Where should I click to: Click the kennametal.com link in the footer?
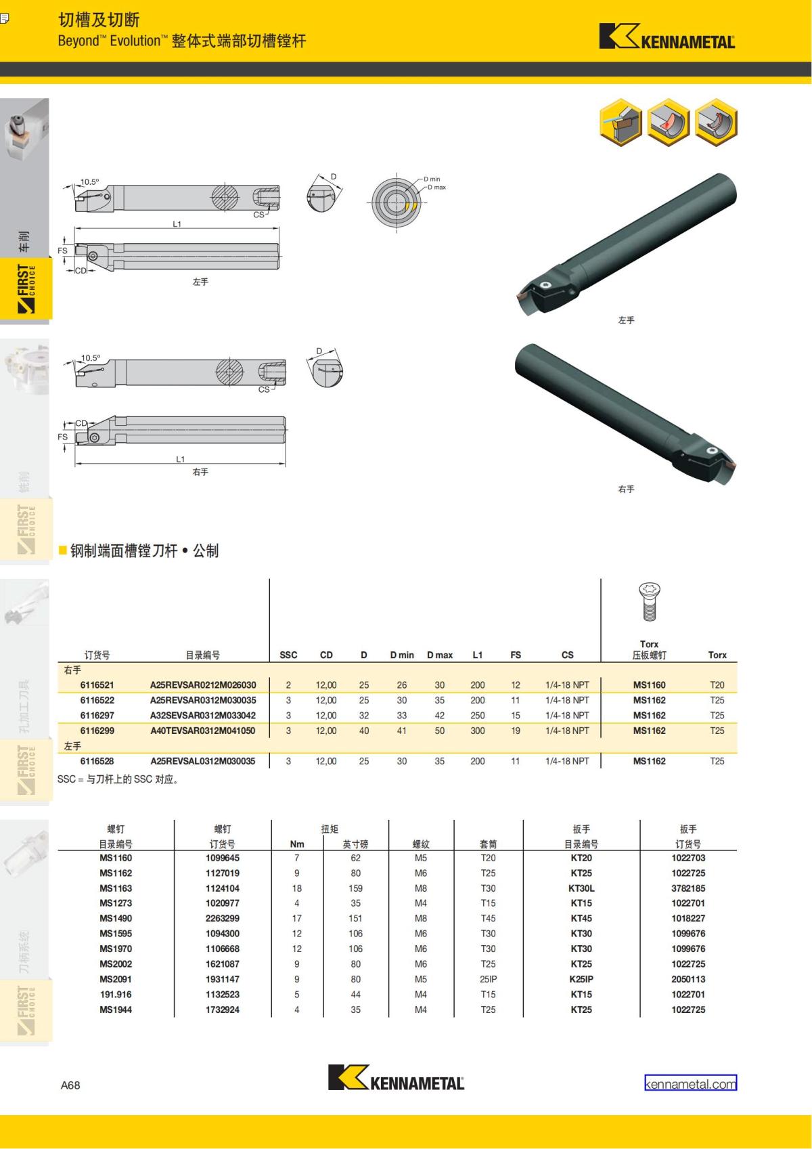[690, 1084]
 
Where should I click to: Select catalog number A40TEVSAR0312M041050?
[202, 731]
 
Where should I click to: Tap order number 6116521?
[97, 685]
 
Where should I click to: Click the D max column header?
[440, 655]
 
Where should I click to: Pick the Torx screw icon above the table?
[649, 601]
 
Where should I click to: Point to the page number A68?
[70, 1085]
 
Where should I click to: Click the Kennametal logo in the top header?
[667, 37]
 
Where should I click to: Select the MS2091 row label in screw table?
[116, 979]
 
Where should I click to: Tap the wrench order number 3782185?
[688, 888]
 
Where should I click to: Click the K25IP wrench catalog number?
[581, 979]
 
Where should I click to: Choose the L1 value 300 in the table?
[478, 731]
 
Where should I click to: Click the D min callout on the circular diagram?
[432, 179]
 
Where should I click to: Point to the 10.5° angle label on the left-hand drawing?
[89, 181]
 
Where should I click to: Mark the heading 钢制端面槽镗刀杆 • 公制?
[144, 550]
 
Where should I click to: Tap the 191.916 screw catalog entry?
[116, 995]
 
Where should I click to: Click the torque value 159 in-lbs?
[355, 888]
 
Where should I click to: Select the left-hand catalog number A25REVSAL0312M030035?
[202, 761]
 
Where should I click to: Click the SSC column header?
[288, 655]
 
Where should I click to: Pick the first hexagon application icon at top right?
[621, 123]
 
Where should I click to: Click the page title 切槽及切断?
[99, 20]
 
